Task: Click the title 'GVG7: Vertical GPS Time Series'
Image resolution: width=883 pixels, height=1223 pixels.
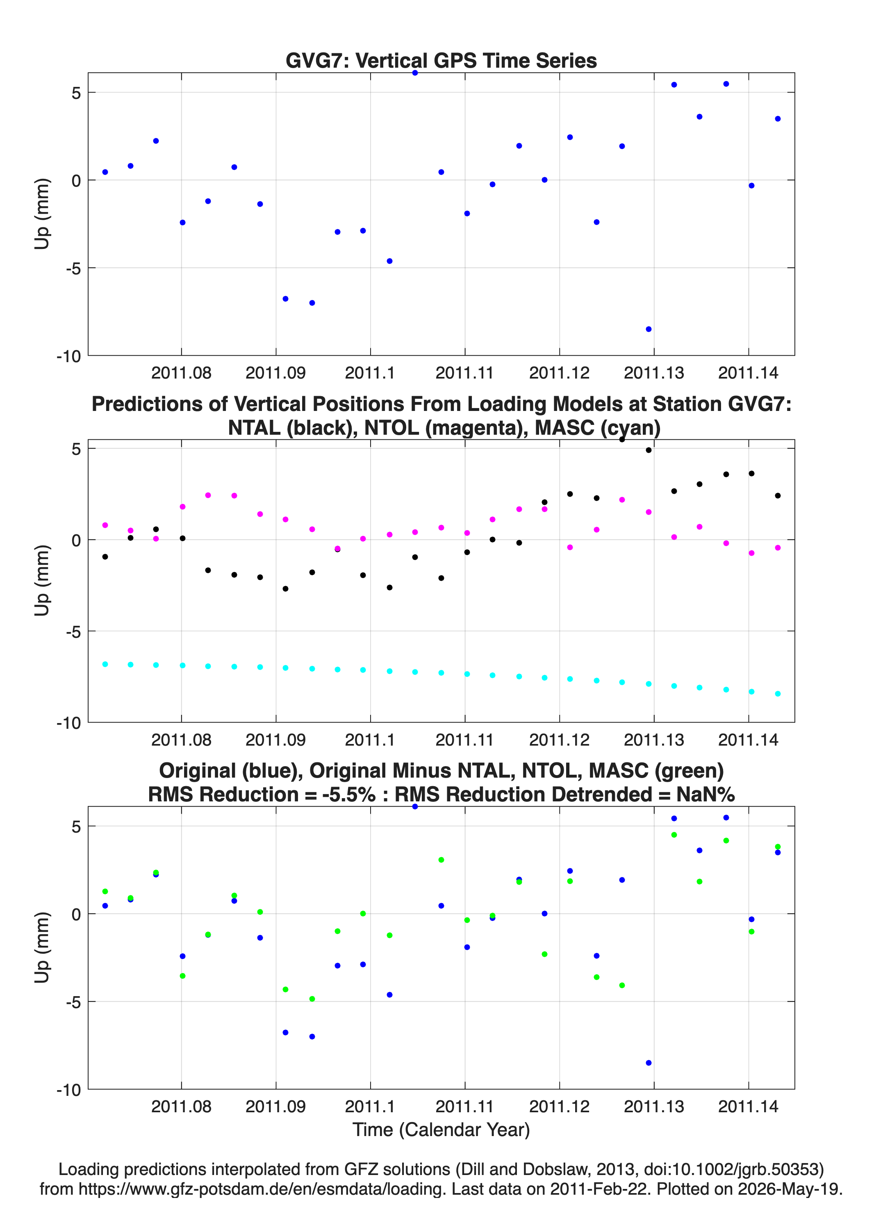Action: pos(441,60)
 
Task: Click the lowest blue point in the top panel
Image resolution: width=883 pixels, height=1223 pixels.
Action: pos(649,329)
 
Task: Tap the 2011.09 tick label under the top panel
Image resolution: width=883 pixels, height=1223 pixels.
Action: pos(275,373)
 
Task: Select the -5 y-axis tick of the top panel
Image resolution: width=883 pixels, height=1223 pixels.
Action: pos(73,268)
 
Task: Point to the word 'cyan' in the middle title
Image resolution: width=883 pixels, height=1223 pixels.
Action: pos(628,428)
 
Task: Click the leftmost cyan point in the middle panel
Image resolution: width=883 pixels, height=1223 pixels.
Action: pos(105,664)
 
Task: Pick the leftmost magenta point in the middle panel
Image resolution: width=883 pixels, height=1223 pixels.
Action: pos(105,525)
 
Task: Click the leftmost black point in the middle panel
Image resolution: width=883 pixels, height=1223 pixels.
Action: pos(105,557)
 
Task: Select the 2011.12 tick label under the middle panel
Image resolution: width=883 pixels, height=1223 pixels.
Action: pos(560,740)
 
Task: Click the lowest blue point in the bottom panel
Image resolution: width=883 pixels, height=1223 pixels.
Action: pos(649,1063)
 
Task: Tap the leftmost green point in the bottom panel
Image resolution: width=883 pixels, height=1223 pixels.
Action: pos(105,891)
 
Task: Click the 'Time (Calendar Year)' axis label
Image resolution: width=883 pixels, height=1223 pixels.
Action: pos(441,1130)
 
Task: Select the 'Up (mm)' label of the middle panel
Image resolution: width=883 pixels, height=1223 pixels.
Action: pos(42,581)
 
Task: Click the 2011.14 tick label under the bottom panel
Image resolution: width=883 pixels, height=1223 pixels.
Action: pos(748,1107)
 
